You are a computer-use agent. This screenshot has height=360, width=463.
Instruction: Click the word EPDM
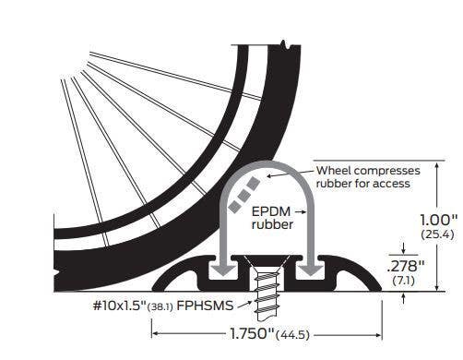(x=270, y=210)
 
